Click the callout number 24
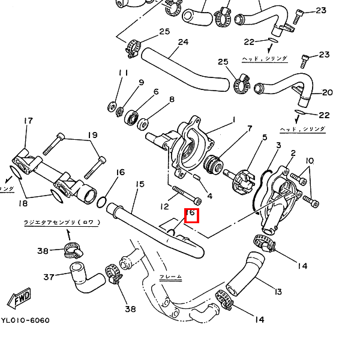click(183, 42)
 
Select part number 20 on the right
click(327, 92)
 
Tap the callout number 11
click(124, 73)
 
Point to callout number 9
click(142, 82)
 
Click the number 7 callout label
click(250, 128)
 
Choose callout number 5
click(264, 137)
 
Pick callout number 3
click(278, 145)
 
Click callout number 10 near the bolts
click(310, 161)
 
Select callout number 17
click(28, 121)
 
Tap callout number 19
click(92, 135)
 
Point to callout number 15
click(140, 184)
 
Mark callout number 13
click(277, 292)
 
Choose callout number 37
click(49, 277)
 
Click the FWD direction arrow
click(22, 298)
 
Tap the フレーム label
click(170, 277)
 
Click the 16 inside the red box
click(191, 213)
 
